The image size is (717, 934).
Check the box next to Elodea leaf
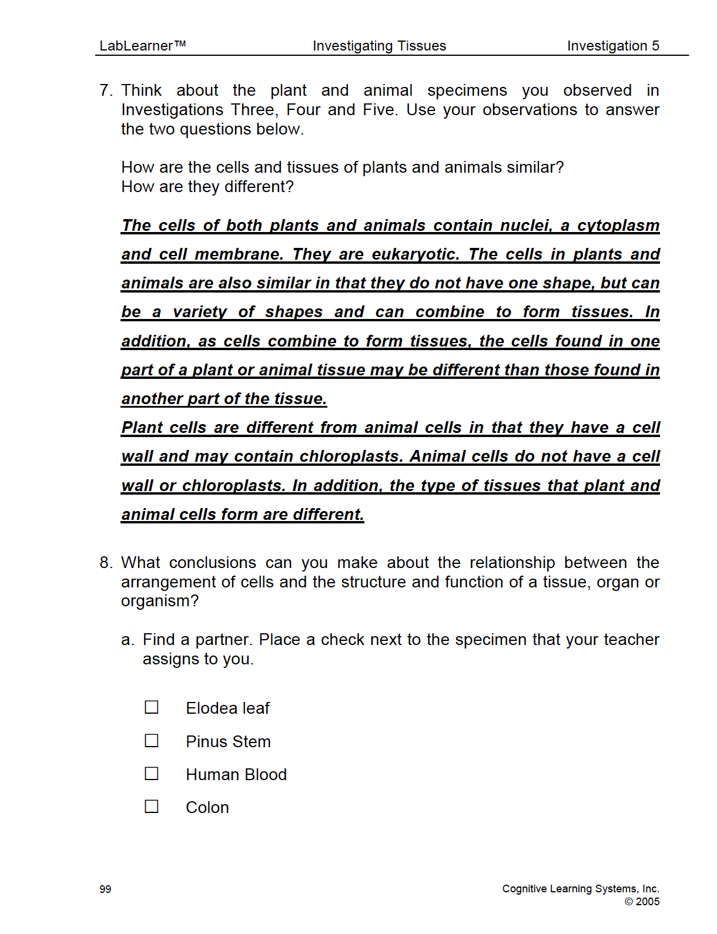pyautogui.click(x=152, y=707)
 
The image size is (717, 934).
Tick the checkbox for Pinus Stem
pyautogui.click(x=152, y=740)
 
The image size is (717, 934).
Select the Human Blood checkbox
pyautogui.click(x=152, y=773)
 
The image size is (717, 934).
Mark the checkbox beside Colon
pyautogui.click(x=152, y=806)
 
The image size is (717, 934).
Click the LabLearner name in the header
pyautogui.click(x=142, y=46)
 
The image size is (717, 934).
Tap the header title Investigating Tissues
pyautogui.click(x=379, y=46)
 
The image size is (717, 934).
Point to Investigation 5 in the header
pyautogui.click(x=613, y=46)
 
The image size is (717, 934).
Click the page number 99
pyautogui.click(x=105, y=889)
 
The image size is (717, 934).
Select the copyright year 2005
pyautogui.click(x=648, y=902)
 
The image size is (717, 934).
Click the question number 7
pyautogui.click(x=105, y=90)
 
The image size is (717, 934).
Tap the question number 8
pyautogui.click(x=105, y=563)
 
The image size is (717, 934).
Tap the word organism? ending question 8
pyautogui.click(x=160, y=602)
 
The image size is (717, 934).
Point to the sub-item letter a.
pyautogui.click(x=127, y=640)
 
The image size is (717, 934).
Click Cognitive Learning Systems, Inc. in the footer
pyautogui.click(x=581, y=889)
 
